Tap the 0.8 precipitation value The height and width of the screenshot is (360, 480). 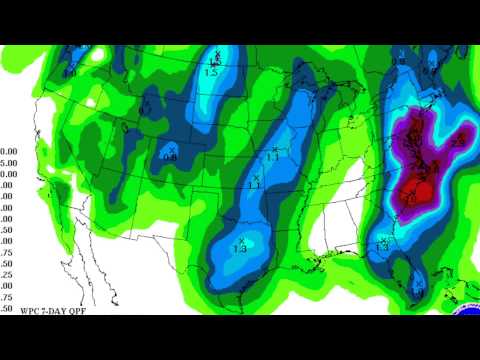[169, 158]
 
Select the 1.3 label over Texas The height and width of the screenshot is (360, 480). [239, 249]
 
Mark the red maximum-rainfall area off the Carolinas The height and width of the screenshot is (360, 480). [418, 190]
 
